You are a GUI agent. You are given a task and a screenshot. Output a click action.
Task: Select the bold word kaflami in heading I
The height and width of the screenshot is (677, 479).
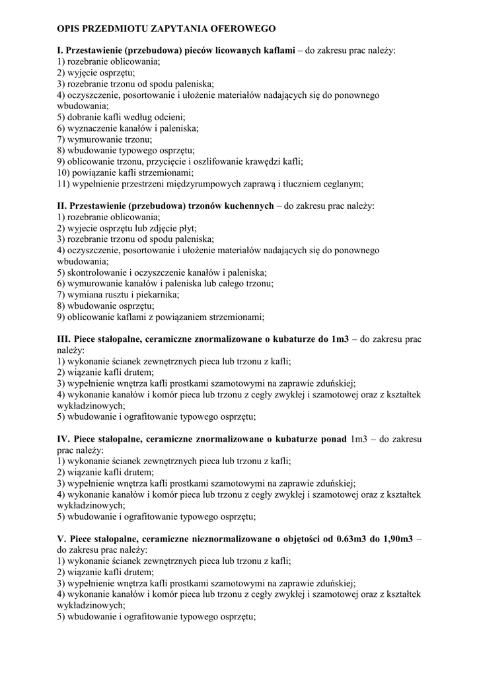click(x=279, y=50)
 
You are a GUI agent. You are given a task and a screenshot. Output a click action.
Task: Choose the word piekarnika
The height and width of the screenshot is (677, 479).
click(x=157, y=295)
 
